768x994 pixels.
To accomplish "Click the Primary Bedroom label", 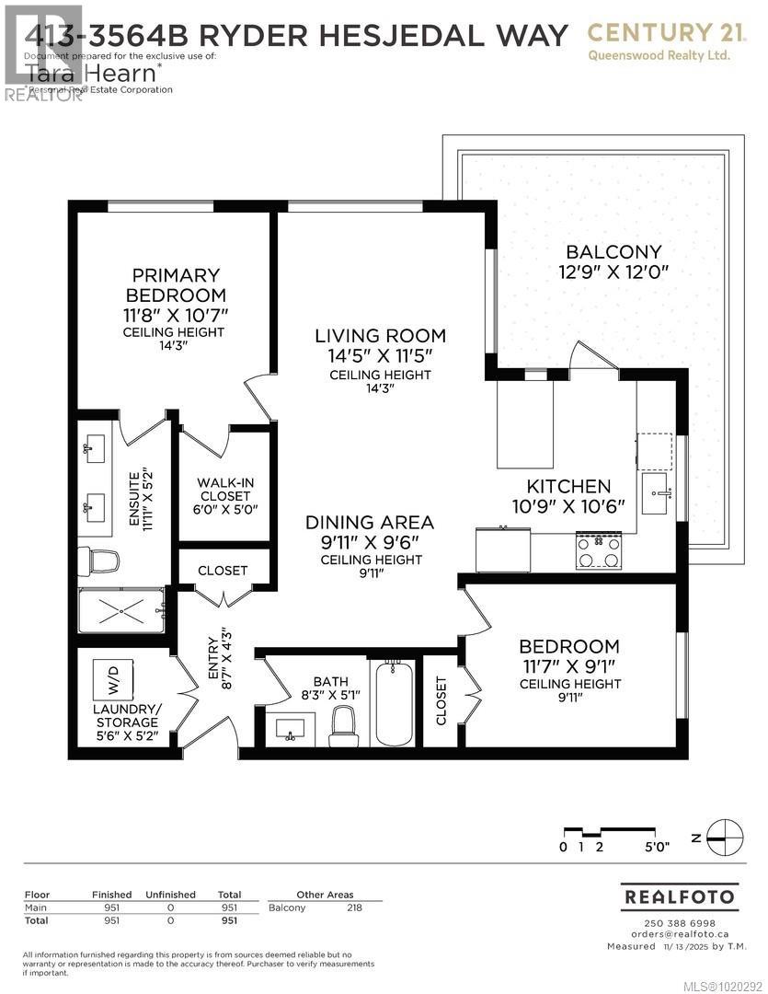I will coord(175,285).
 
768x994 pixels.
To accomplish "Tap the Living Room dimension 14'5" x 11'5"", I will coord(380,355).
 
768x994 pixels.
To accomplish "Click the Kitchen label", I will coord(567,486).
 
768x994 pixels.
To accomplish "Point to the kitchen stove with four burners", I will coord(597,551).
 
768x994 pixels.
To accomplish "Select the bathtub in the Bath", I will coord(394,703).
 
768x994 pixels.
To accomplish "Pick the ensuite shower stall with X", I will coord(121,610).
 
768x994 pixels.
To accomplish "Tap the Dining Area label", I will coord(370,523).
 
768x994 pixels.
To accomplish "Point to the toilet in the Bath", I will coord(344,724).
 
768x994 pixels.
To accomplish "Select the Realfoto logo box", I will coord(680,896).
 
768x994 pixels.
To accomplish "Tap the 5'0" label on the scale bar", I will coord(657,848).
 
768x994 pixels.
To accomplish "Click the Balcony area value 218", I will coord(353,908).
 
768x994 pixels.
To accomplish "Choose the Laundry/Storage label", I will coord(127,716).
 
